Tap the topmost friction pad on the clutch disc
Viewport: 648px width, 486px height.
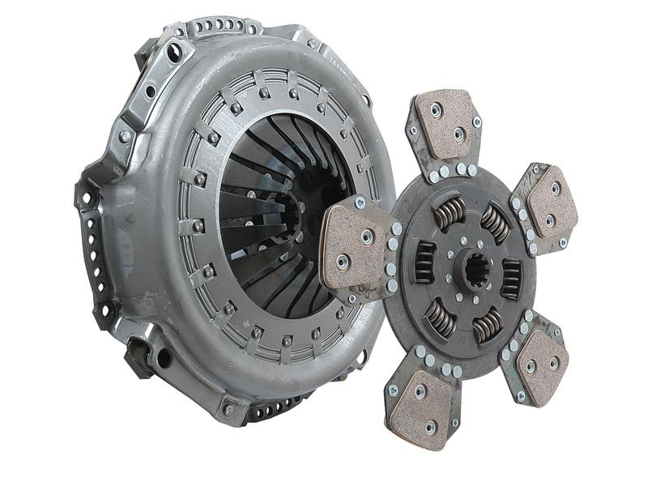(x=445, y=123)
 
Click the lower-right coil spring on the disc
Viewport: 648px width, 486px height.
(x=488, y=325)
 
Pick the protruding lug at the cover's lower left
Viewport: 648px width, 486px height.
(x=138, y=356)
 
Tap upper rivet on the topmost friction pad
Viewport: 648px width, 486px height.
(x=437, y=109)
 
